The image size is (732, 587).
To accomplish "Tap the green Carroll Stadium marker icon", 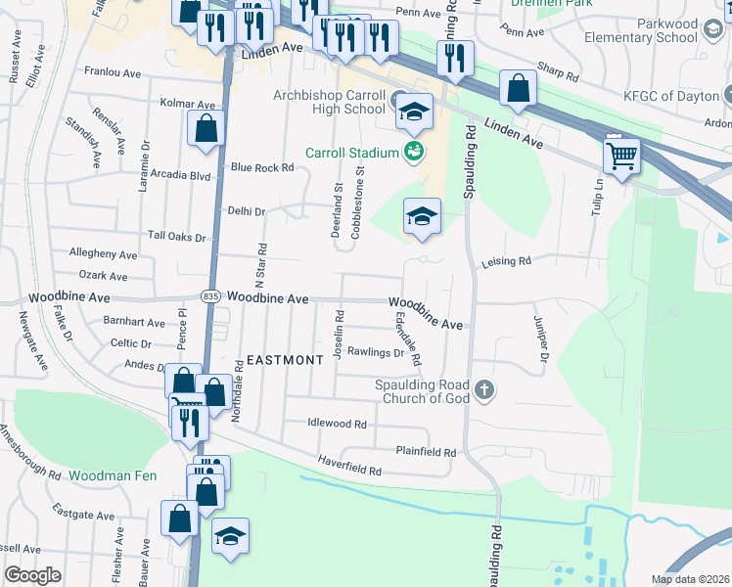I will (414, 152).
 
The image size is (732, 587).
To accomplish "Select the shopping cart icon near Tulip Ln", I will (622, 155).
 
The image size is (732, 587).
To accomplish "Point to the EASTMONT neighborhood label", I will (285, 360).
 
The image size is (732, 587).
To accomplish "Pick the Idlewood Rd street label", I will (337, 425).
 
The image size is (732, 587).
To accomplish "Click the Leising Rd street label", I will (505, 261).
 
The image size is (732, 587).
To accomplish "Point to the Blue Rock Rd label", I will (261, 167).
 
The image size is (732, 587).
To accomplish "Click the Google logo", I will (33, 575).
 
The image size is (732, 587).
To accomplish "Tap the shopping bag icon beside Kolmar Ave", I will (206, 128).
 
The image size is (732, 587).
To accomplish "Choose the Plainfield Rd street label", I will (426, 452).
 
